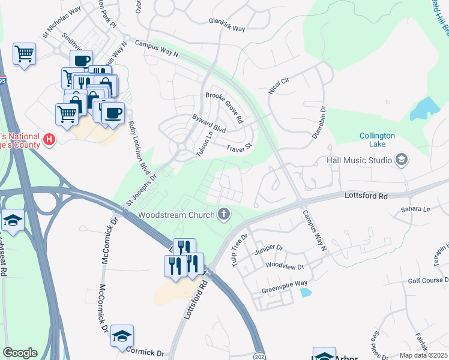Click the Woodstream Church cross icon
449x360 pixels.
point(224,214)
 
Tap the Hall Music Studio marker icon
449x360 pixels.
point(402,160)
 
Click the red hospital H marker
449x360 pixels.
point(50,142)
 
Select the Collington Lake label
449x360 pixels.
point(377,140)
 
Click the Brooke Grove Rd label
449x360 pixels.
point(224,106)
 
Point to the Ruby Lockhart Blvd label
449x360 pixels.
point(139,144)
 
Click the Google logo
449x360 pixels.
point(20,353)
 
